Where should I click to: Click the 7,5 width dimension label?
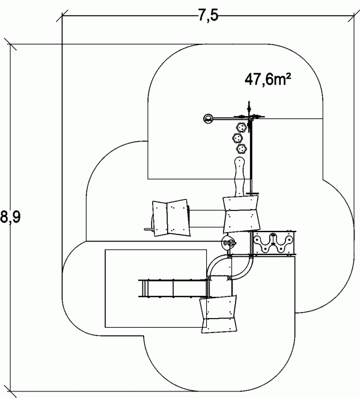pos(208,16)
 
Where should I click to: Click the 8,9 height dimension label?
pos(10,217)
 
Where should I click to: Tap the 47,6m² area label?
pos(267,79)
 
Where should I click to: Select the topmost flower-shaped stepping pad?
pos(241,127)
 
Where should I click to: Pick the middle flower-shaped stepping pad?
pos(237,138)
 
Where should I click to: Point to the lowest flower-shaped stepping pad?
pos(241,149)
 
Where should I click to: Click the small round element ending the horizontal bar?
pos(209,118)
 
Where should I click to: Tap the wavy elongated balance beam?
pos(239,177)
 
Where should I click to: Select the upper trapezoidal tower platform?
pos(242,214)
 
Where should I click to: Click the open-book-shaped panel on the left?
pos(171,218)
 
